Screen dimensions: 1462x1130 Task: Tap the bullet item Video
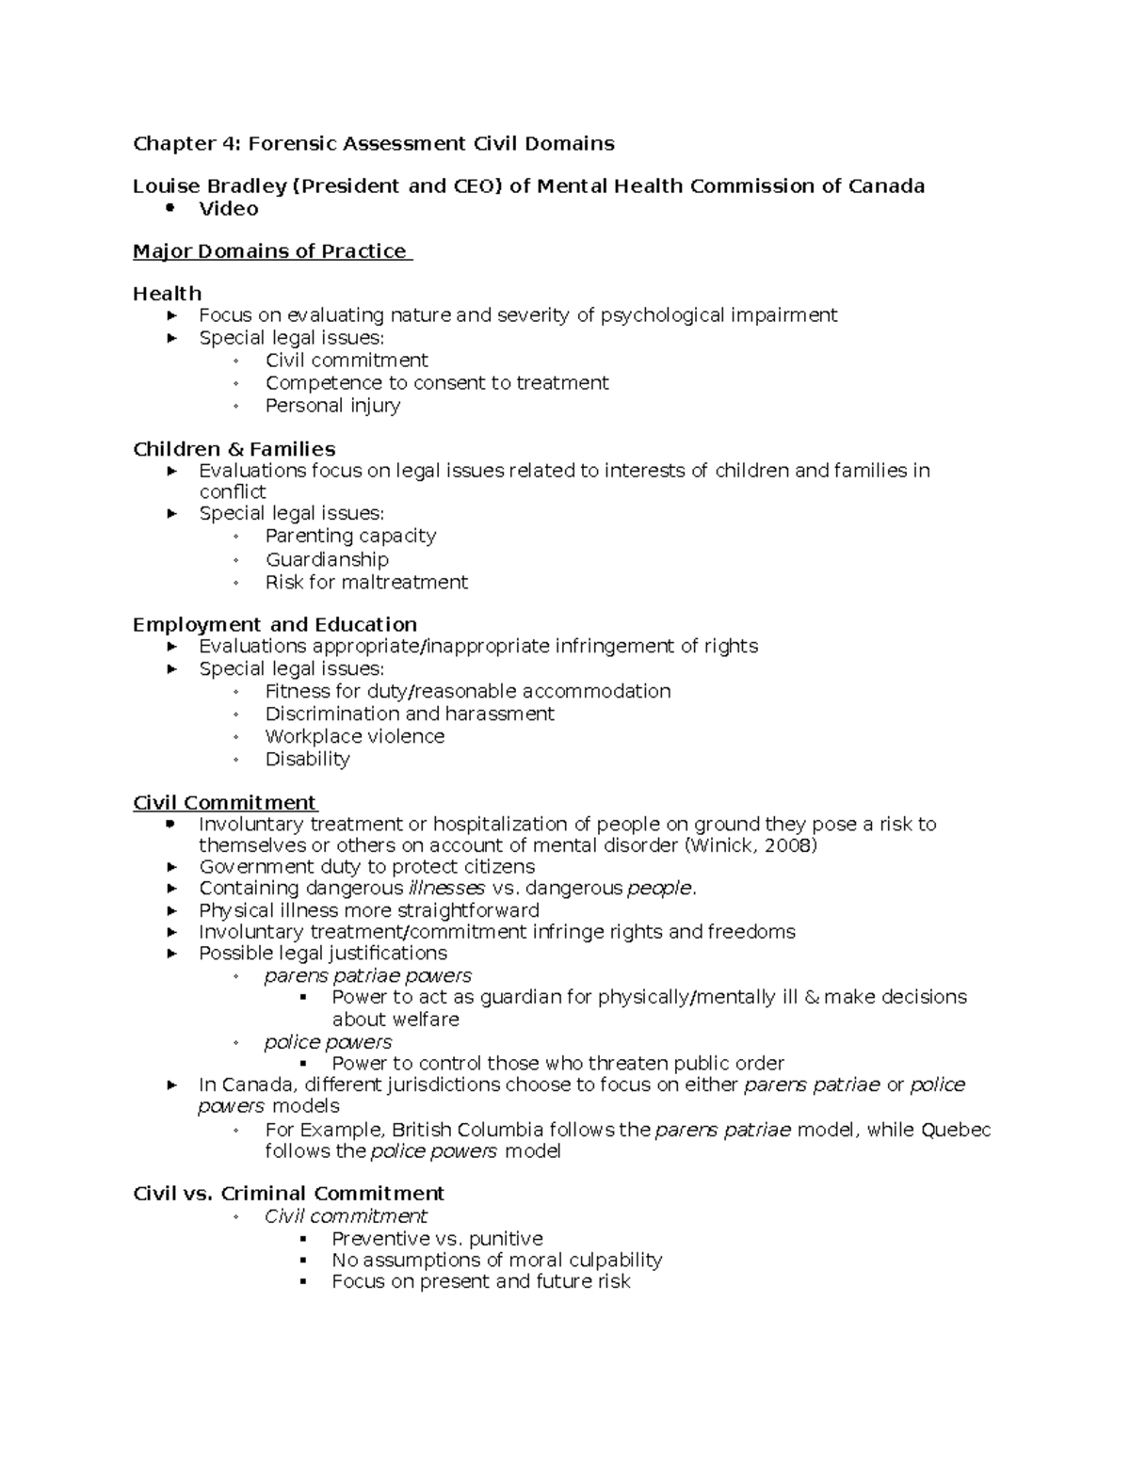228,209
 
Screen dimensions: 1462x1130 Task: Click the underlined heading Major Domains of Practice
271,251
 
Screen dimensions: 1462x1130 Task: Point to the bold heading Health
167,294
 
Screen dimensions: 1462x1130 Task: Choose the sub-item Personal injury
332,406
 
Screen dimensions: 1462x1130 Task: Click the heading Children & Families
234,449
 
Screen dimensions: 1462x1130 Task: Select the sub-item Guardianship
326,559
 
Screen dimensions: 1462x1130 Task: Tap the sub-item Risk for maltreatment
365,583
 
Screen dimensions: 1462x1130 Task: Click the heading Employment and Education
274,625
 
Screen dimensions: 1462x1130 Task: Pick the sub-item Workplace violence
354,736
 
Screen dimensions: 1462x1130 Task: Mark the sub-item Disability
307,759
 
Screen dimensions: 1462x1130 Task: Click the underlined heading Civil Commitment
224,803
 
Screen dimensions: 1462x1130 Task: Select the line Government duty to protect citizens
366,867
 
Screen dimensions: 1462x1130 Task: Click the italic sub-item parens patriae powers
367,975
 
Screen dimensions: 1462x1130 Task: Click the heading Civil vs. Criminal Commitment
288,1194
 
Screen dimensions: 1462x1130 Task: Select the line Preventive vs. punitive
437,1239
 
